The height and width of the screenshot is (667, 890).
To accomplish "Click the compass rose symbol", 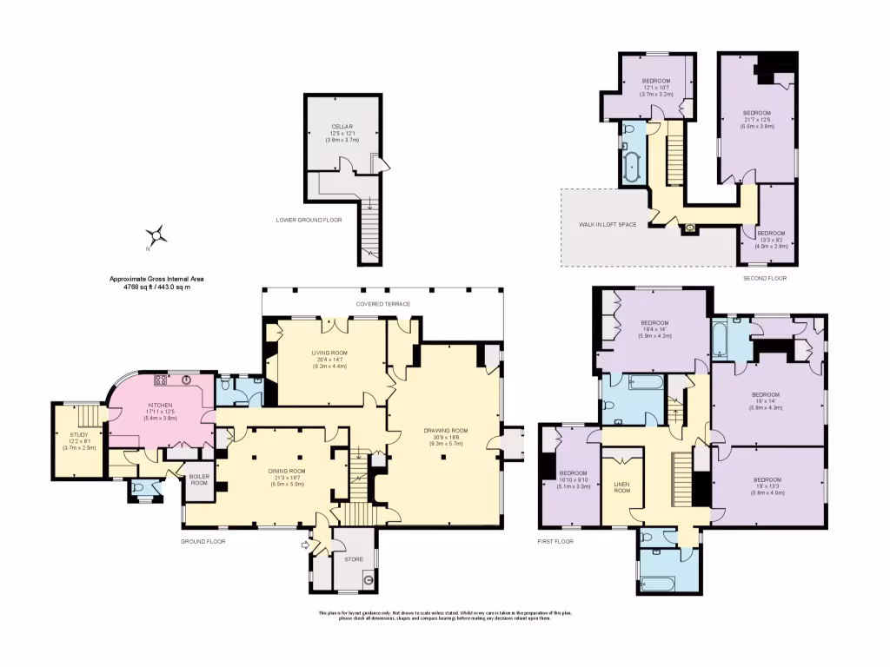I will click(x=156, y=234).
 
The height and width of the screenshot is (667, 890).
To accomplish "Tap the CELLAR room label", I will click(x=342, y=126).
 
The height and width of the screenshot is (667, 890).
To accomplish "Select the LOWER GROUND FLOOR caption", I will click(x=309, y=221).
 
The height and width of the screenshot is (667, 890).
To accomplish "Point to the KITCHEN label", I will click(x=159, y=405).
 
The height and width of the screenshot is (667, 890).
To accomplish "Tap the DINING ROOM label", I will click(x=287, y=470).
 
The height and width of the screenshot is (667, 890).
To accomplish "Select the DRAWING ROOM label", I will click(x=446, y=430).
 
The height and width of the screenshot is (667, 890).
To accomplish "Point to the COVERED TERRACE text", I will click(x=383, y=304).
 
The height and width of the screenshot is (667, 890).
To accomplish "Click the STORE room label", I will click(x=353, y=559).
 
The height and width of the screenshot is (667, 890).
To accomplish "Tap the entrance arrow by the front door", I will click(x=303, y=545).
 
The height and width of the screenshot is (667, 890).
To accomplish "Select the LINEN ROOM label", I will click(x=622, y=488).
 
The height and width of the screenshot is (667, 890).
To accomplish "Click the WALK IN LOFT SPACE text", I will click(x=608, y=224).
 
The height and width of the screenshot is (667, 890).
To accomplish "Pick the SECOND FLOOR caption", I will click(x=765, y=278).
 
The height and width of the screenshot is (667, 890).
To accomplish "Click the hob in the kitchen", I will click(x=161, y=380).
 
